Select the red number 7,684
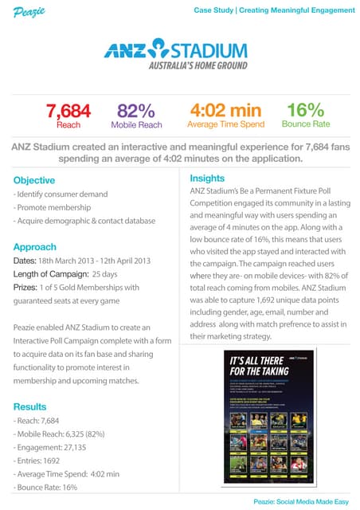coord(68,110)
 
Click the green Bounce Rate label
coord(307,125)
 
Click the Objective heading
coord(34,180)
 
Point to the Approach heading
coord(34,247)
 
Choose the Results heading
coord(30,406)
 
